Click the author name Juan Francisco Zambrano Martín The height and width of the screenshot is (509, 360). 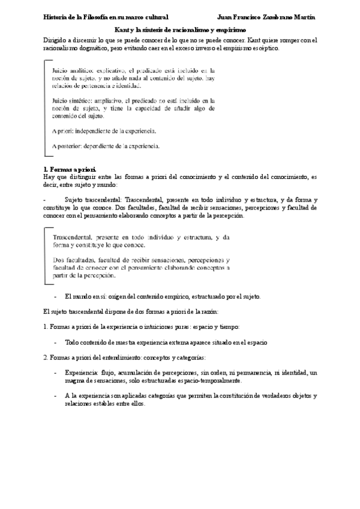[x=268, y=18]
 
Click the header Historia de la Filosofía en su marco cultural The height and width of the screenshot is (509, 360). [x=107, y=18]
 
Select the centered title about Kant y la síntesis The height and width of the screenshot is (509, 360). [x=180, y=29]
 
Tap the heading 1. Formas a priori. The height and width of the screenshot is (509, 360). [x=70, y=170]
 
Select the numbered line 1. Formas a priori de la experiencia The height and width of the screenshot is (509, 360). [x=142, y=327]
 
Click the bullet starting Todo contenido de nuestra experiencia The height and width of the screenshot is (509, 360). [x=166, y=342]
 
